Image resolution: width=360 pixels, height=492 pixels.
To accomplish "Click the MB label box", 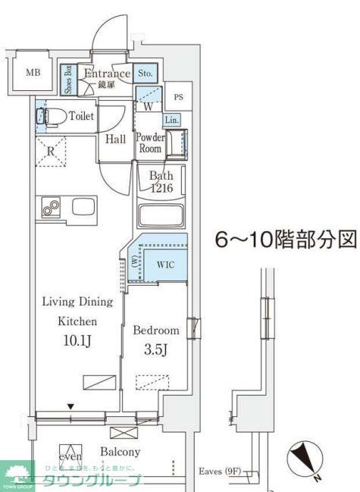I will click(33, 73).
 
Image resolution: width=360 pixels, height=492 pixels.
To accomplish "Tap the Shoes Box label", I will click(67, 78).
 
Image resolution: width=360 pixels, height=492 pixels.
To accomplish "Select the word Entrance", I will click(107, 74).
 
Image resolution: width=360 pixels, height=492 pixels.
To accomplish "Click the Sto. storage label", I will click(146, 74).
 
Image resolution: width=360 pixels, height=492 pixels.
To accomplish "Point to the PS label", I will click(178, 97).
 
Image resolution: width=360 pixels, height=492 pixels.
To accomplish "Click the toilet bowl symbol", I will click(51, 117).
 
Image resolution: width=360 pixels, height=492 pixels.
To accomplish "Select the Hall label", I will click(115, 139).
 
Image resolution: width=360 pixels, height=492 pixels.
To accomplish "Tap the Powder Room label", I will click(149, 143).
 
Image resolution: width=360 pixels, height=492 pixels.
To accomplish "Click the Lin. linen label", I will click(171, 120).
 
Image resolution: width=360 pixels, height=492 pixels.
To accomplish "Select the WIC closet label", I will click(166, 265).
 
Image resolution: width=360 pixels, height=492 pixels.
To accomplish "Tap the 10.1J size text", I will click(77, 340).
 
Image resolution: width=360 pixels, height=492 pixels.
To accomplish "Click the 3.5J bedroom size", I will click(155, 349).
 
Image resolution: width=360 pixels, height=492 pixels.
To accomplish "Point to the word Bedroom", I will click(156, 331).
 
